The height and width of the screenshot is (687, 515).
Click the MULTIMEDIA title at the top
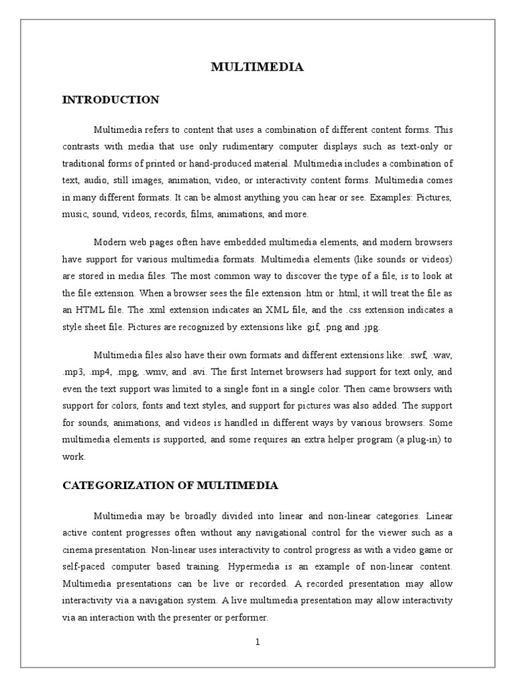(257, 66)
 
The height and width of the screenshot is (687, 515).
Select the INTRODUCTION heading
(111, 100)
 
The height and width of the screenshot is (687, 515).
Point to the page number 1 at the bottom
(257, 642)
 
